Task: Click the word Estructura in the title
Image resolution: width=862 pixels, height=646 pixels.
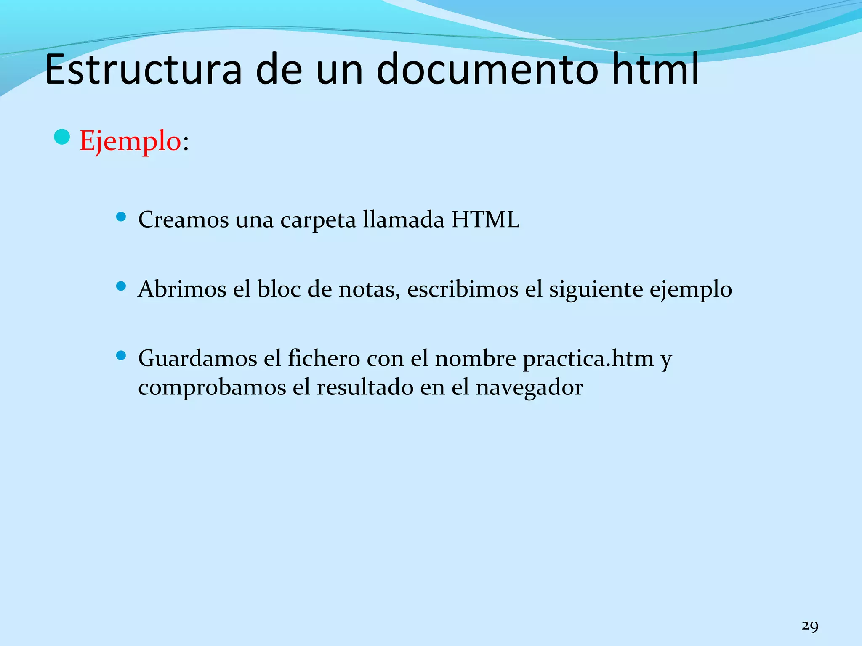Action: point(143,69)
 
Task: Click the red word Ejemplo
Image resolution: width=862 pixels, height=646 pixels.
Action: point(130,141)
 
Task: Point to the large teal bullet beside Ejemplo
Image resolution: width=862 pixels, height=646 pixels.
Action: point(62,137)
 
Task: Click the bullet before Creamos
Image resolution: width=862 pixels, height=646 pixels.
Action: point(121,217)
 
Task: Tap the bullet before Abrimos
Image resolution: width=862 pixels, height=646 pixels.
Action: point(121,286)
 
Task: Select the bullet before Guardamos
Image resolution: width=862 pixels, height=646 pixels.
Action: point(121,356)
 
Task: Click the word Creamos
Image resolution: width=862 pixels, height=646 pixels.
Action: point(184,220)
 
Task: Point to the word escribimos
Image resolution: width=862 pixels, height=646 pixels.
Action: point(463,289)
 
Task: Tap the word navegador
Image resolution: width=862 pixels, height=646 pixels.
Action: point(529,387)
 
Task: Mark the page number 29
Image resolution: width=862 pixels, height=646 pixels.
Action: point(810,626)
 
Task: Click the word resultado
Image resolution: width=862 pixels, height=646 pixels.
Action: point(365,387)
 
